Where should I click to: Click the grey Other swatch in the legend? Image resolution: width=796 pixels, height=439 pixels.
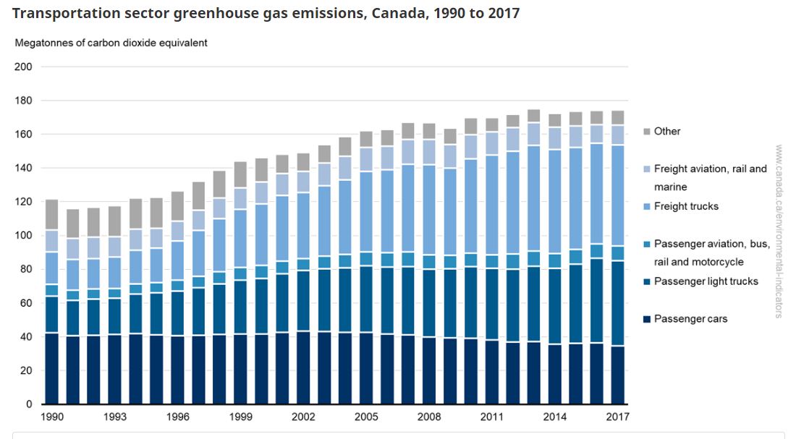coord(647,132)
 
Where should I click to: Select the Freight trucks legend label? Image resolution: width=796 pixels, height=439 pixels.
coord(686,206)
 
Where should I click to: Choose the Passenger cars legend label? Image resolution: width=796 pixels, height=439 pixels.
coord(690,319)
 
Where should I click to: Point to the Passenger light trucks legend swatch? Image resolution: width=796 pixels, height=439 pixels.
coord(647,281)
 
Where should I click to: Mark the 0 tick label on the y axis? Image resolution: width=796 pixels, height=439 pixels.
coord(29,404)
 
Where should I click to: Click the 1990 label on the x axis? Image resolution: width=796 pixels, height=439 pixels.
coord(51,417)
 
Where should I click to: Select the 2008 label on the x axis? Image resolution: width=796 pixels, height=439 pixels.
coord(428,417)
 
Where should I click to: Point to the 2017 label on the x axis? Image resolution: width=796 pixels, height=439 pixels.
coord(617,417)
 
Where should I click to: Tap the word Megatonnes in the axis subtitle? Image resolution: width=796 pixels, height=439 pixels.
coord(43,43)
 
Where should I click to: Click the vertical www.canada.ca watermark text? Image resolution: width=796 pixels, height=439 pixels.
coord(779,231)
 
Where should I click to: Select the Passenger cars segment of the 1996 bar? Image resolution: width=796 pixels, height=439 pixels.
coord(177,370)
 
